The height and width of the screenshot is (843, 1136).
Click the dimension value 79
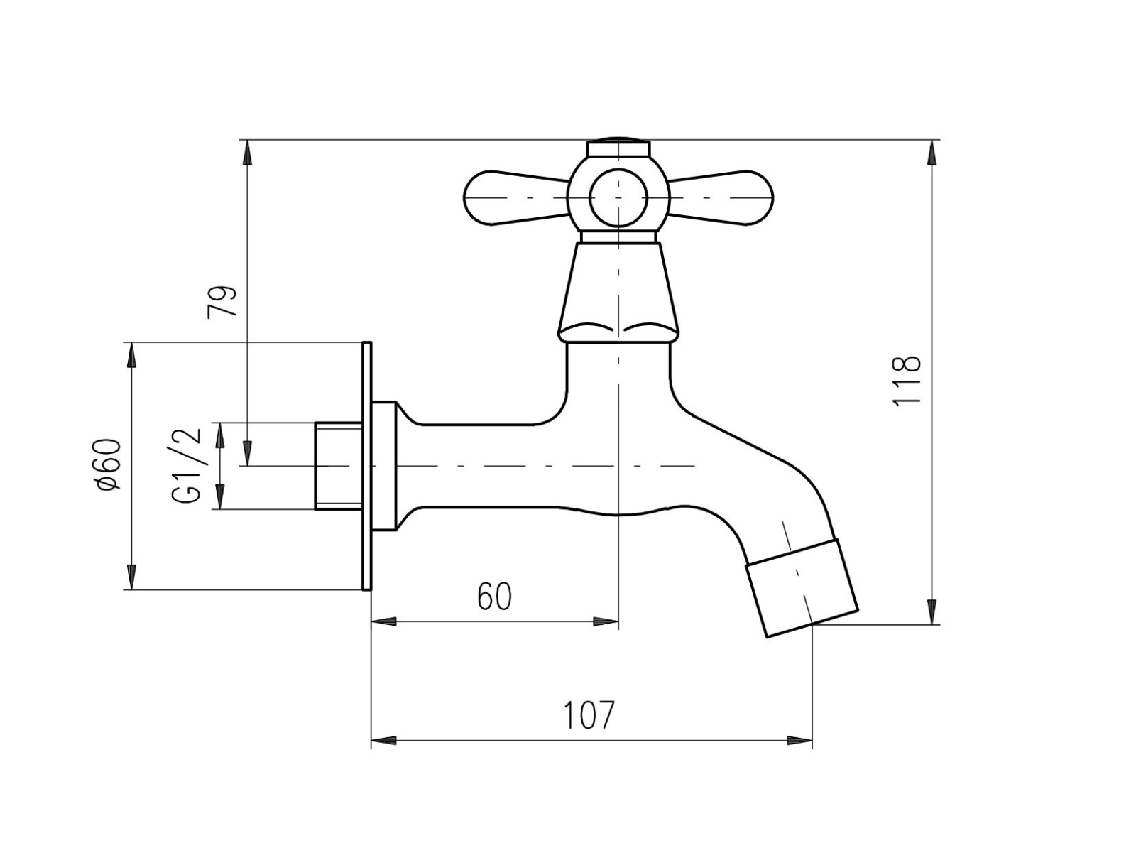pos(222,301)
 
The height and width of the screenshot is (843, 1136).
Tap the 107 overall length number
pos(588,715)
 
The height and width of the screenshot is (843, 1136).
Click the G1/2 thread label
pos(187,465)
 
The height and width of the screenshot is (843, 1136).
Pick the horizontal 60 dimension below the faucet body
pos(494,596)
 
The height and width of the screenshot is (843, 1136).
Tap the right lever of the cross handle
pos(721,198)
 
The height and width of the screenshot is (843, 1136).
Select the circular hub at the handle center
pos(618,198)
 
